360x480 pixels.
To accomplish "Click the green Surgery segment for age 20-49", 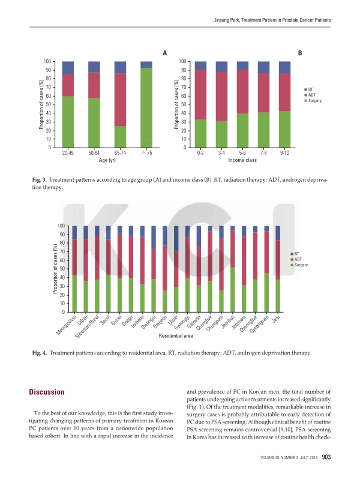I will pos(68,121).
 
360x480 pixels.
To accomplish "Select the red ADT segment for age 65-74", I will pos(120,100).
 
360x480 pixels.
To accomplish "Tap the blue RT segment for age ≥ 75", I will pos(146,64).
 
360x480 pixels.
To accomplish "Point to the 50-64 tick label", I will pos(94,154).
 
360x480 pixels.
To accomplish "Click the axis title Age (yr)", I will pos(107,161).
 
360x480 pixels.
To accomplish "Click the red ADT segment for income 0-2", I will pos(200,94).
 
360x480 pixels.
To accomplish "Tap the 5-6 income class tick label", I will pos(242,154).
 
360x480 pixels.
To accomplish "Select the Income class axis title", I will pos(242,161).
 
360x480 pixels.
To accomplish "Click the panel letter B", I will pos(300,53).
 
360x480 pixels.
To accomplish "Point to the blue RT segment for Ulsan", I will pos(176,239).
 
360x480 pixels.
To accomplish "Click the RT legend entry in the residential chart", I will pos(296,254).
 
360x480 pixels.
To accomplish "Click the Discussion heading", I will pos(47,392).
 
